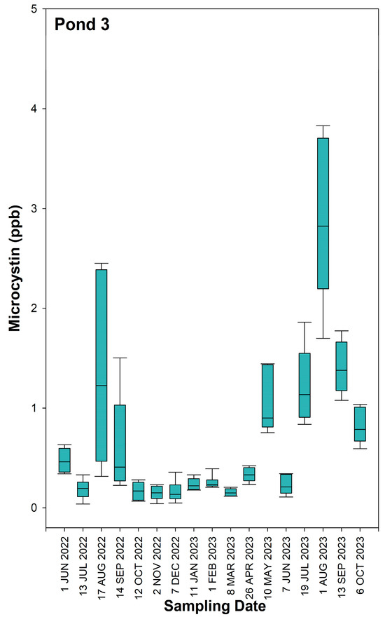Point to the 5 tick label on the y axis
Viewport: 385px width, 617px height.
pyautogui.click(x=32, y=9)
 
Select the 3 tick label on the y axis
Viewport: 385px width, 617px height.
pyautogui.click(x=32, y=209)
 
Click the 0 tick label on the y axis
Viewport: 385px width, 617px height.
pyautogui.click(x=32, y=508)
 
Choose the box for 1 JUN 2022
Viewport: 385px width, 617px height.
pyautogui.click(x=64, y=460)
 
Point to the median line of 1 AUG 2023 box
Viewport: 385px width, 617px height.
pyautogui.click(x=323, y=226)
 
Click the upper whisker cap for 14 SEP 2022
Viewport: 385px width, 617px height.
pyautogui.click(x=120, y=358)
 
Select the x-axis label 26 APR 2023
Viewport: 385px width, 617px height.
pyautogui.click(x=249, y=561)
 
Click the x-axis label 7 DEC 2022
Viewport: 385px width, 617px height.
pyautogui.click(x=175, y=561)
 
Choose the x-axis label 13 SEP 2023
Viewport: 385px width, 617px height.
pyautogui.click(x=342, y=561)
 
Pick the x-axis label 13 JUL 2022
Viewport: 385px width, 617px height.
pyautogui.click(x=83, y=561)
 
